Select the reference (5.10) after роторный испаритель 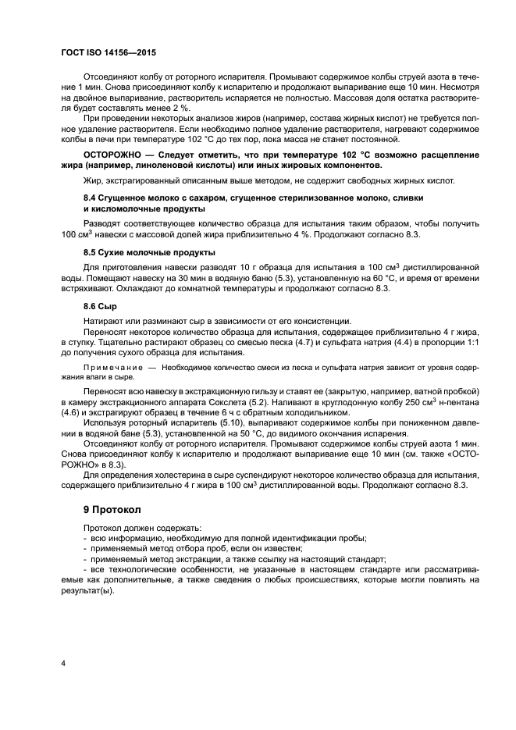click(225, 422)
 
